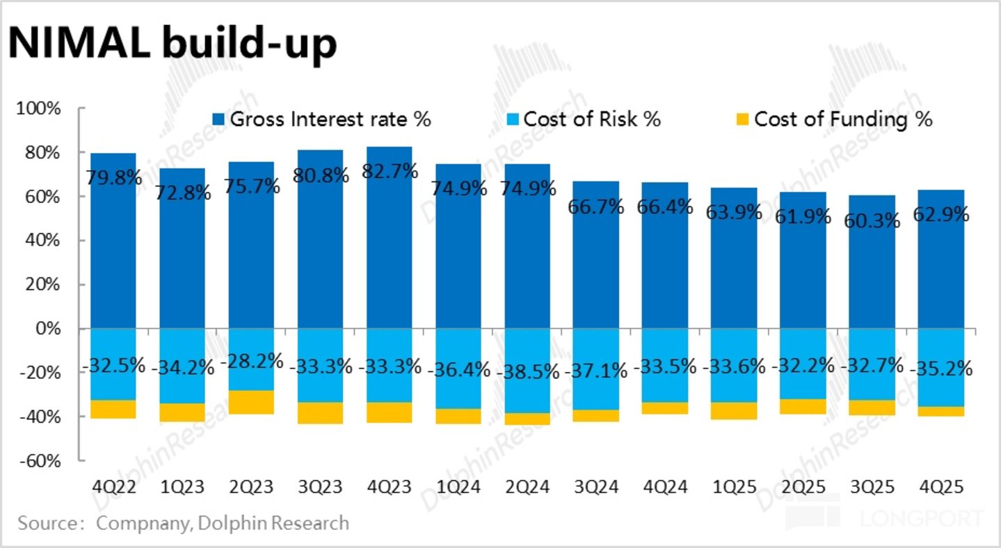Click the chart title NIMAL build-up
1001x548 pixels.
[173, 44]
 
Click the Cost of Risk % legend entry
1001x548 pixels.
[584, 119]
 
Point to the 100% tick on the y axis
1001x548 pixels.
[38, 108]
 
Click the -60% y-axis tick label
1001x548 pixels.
[40, 460]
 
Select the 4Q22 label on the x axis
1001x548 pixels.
[114, 487]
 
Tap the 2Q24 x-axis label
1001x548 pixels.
[527, 487]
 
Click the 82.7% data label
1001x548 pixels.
[390, 170]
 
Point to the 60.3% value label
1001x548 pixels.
[872, 220]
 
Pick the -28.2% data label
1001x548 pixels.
[252, 361]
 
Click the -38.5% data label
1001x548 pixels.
[528, 371]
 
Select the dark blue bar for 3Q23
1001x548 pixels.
[321, 239]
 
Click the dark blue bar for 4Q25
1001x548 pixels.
[941, 259]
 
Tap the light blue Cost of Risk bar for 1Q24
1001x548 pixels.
[458, 369]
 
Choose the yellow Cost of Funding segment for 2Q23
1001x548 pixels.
[251, 403]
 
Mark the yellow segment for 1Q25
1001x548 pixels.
[734, 411]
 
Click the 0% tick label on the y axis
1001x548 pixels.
[47, 329]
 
